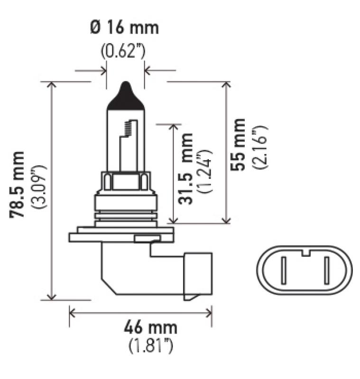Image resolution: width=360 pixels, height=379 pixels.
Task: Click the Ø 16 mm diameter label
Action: coord(124,28)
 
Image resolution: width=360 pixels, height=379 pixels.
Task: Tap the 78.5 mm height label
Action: coord(18,185)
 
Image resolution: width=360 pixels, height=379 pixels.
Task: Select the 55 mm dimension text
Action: coord(237,144)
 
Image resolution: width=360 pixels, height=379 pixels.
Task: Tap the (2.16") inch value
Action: coord(260,147)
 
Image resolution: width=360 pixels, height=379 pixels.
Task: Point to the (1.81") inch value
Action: coord(151,347)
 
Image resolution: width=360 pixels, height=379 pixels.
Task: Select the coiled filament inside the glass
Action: coord(127,127)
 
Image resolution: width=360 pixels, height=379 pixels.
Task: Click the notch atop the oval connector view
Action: coord(305,252)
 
